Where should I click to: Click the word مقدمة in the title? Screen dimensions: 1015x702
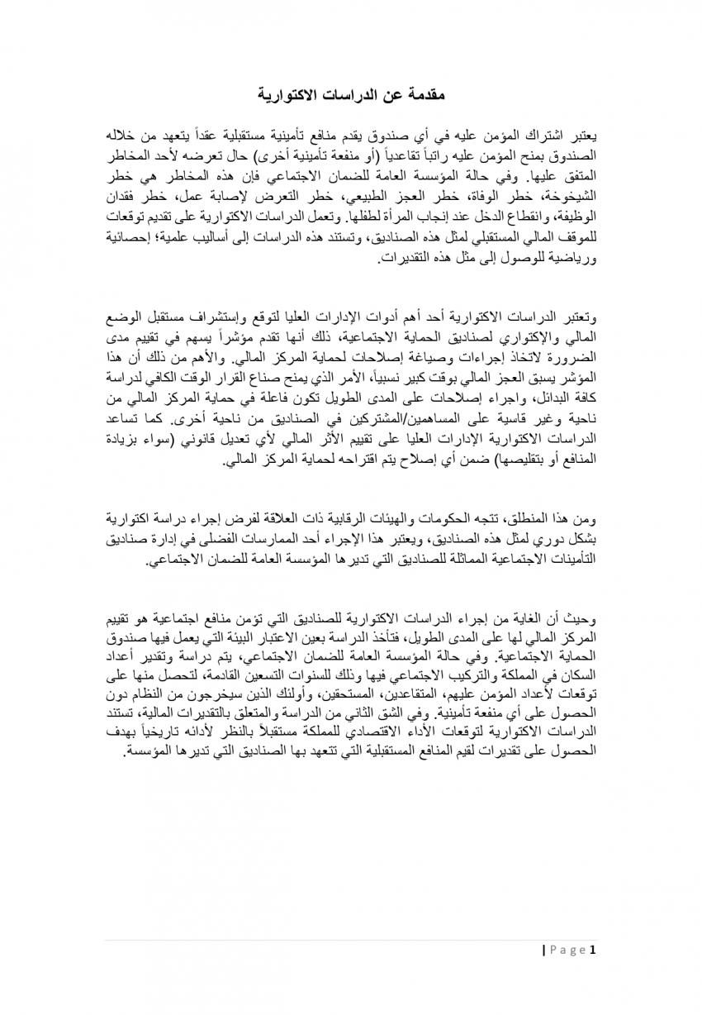tap(424, 95)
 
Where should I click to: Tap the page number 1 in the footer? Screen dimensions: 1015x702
tap(592, 949)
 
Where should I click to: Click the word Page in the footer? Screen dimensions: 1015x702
tap(567, 949)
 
